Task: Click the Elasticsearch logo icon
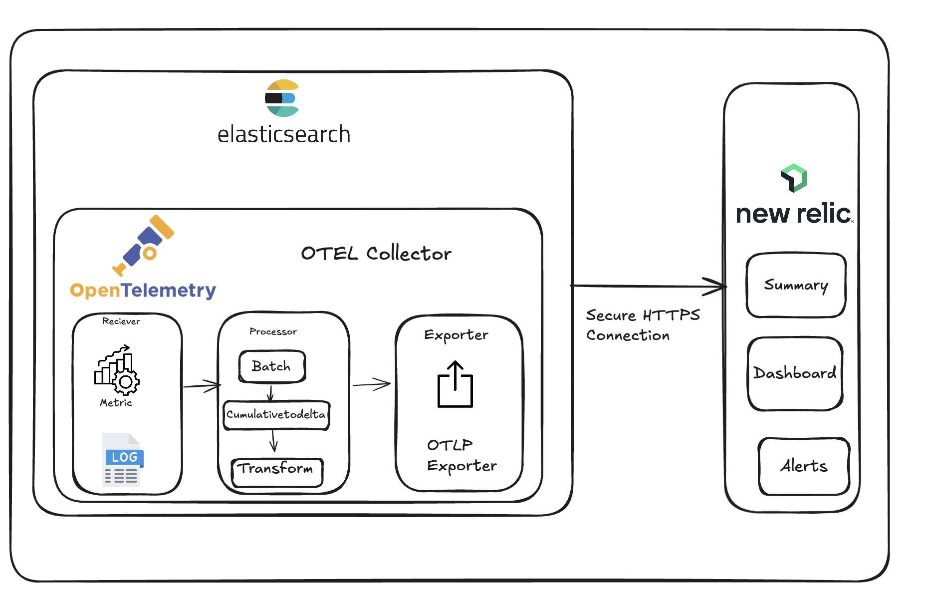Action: tap(282, 98)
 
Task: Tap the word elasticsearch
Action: tap(283, 135)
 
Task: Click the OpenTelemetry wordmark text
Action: tap(143, 290)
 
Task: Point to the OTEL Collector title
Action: tap(376, 254)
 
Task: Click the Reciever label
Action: tap(121, 321)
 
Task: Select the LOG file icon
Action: tap(123, 460)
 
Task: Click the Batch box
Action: tap(272, 366)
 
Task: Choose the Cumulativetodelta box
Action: tap(276, 414)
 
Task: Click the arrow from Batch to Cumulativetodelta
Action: tap(270, 393)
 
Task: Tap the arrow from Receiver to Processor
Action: tap(202, 385)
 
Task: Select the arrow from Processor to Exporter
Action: tap(371, 384)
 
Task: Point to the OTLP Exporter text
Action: tap(461, 455)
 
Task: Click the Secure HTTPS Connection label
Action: tap(643, 325)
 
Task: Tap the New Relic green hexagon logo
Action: tap(794, 178)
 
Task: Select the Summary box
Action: tap(796, 285)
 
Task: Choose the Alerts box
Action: tap(804, 466)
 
